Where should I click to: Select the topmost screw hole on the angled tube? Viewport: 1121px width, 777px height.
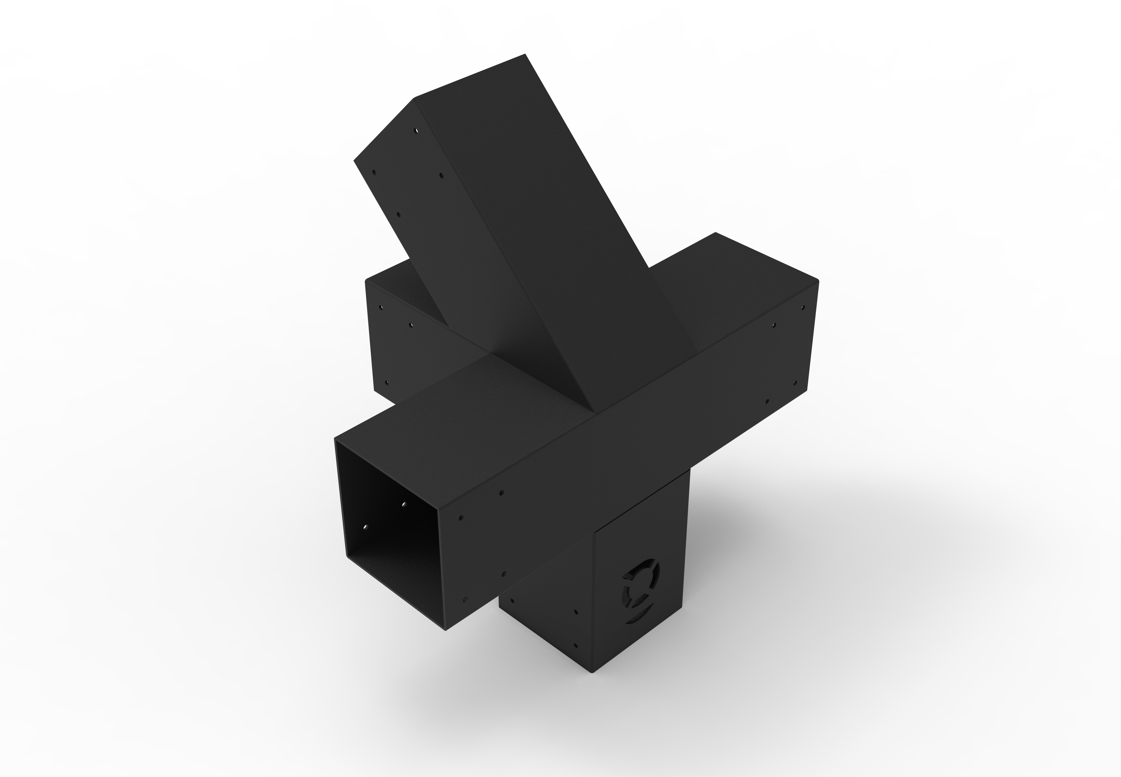coord(417,131)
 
